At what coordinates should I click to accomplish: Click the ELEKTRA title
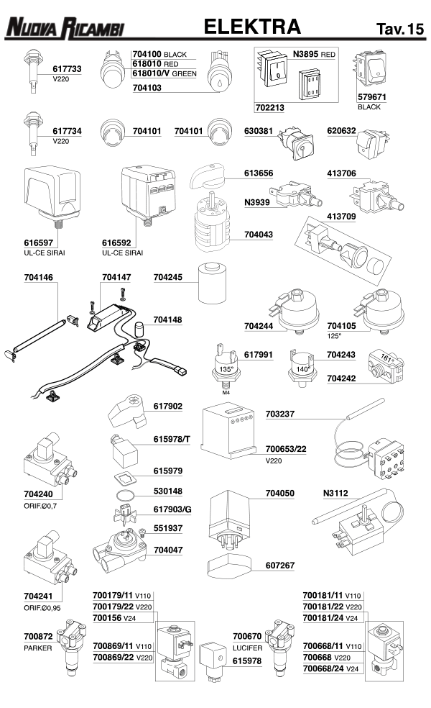(251, 27)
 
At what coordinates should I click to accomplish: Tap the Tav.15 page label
(399, 29)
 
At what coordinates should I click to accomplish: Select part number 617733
(67, 68)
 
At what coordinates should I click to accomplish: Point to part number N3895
(305, 54)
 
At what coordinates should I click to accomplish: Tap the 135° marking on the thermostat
(227, 369)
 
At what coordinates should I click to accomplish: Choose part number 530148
(167, 491)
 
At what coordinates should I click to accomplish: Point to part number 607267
(280, 566)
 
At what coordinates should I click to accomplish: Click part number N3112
(338, 494)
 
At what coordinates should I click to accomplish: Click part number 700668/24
(325, 669)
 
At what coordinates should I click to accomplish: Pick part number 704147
(116, 276)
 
